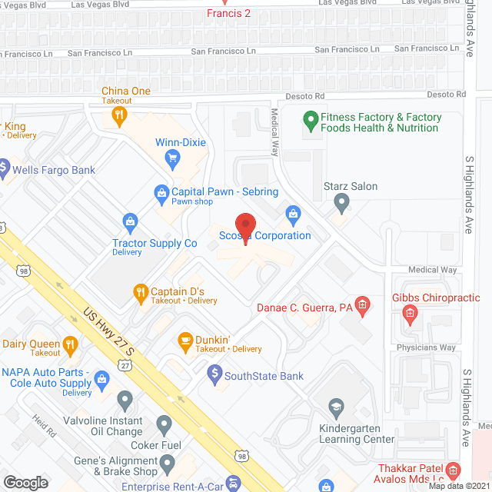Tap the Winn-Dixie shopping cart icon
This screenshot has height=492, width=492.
tap(172, 158)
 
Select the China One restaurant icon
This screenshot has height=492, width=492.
tap(118, 117)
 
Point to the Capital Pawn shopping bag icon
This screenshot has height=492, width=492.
tap(161, 192)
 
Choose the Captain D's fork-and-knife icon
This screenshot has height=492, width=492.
tap(140, 291)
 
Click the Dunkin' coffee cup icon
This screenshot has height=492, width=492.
tap(184, 340)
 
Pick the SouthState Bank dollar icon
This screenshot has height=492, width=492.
tap(215, 376)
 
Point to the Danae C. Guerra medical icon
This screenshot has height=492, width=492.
tap(364, 307)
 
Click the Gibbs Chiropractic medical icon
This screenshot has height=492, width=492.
tap(411, 313)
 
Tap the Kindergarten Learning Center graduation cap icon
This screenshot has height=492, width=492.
tap(335, 407)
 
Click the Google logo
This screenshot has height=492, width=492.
tap(25, 482)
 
